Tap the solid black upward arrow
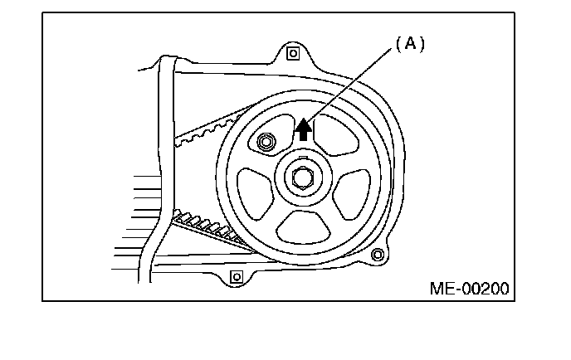(x=305, y=128)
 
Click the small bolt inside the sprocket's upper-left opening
(x=266, y=143)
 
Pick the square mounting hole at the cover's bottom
(x=234, y=275)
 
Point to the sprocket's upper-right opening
(x=339, y=135)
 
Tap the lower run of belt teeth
(x=207, y=228)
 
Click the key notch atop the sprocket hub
(x=302, y=158)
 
